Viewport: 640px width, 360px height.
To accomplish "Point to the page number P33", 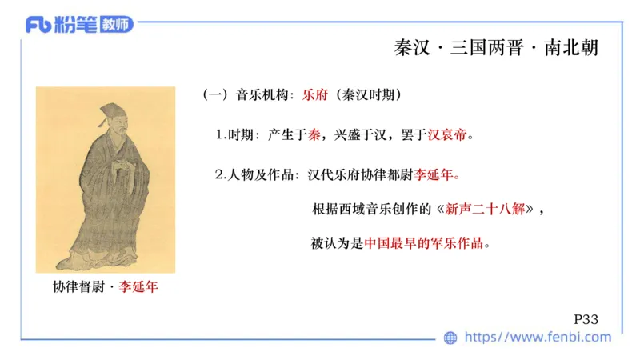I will point(586,318).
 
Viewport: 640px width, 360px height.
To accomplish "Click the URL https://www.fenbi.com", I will point(538,338).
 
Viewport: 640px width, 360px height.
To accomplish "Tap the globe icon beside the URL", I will point(450,338).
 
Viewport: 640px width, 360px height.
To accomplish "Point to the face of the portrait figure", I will point(112,134).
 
